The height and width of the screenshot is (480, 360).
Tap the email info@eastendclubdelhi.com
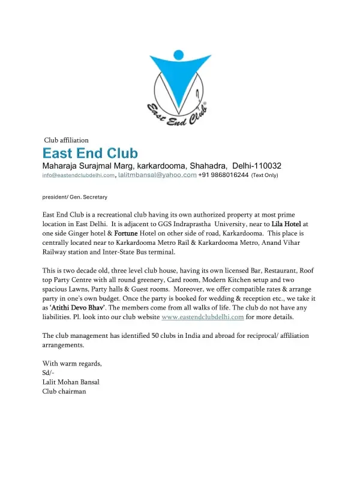coord(78,175)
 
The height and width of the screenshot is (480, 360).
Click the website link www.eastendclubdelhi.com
coord(203,317)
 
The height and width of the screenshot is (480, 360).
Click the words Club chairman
coord(64,391)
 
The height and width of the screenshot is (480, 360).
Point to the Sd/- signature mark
coord(48,373)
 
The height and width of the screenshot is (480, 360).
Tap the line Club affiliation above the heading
coord(67,140)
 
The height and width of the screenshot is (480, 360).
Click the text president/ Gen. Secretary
coord(75,196)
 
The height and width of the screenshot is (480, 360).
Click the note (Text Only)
coord(265,175)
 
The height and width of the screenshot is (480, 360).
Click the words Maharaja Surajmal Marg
coord(88,165)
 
